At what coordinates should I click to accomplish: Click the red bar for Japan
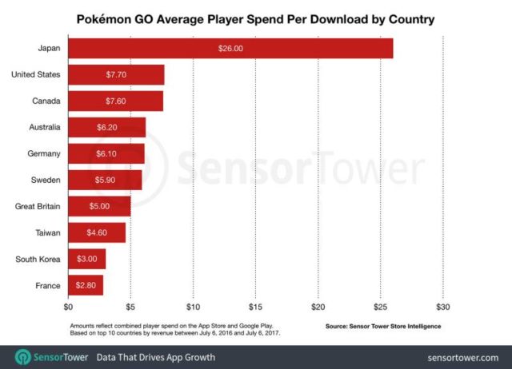coord(230,48)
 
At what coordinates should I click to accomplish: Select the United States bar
coord(116,74)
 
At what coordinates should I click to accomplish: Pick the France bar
coord(86,284)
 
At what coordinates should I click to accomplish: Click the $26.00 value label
coord(230,48)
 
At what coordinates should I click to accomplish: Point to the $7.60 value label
coord(117,101)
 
